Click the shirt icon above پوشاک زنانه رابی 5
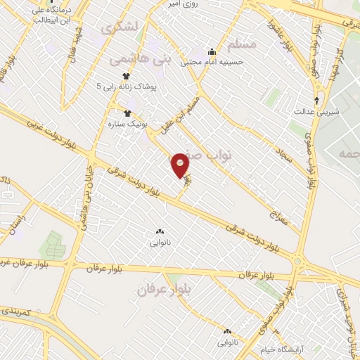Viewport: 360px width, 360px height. coord(127,77)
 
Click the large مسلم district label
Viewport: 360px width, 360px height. coord(242,44)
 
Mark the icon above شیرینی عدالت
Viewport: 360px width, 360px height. coord(317,99)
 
